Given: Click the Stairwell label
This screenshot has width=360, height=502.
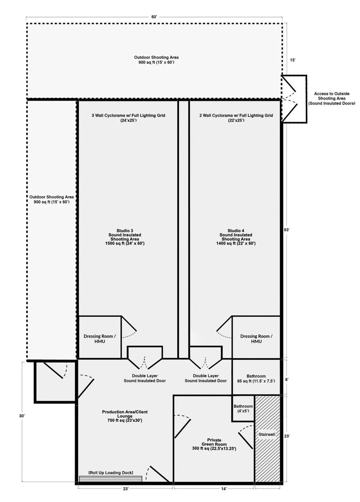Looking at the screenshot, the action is (267, 434).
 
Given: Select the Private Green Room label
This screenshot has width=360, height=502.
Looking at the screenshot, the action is (214, 444).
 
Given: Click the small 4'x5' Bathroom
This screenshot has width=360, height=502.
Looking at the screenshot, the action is (243, 408).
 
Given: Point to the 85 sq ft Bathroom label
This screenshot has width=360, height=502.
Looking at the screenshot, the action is (256, 378).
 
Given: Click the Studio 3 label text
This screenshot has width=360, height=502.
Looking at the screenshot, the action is (125, 237).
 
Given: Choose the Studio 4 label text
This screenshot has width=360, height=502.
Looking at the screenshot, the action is (236, 237).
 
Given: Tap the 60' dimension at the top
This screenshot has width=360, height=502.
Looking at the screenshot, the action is (154, 17).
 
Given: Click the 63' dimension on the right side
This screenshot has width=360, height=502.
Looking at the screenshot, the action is (287, 230).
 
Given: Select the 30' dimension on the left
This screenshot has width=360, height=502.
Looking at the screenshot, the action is (22, 416).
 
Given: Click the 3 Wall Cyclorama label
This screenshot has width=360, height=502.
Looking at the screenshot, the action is (129, 118).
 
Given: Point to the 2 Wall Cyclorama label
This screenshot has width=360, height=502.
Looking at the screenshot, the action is (236, 118).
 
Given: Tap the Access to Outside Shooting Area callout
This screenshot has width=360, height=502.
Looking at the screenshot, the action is (332, 98).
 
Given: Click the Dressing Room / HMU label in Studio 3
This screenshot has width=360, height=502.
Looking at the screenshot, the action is (100, 339).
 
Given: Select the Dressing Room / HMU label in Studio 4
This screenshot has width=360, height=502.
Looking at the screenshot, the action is (256, 339).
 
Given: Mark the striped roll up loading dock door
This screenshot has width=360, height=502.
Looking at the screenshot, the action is (111, 479).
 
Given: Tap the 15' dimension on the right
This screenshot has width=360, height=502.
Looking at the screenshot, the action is (293, 60).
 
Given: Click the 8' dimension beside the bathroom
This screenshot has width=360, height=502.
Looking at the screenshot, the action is (287, 380).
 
